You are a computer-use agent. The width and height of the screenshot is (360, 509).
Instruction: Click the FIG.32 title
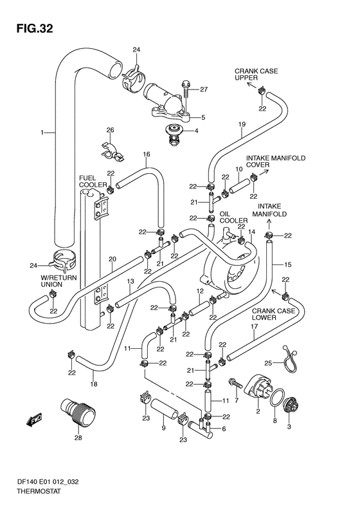coord(35,29)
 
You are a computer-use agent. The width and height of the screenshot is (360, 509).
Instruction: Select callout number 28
coord(78,438)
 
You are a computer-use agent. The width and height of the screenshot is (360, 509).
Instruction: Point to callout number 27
coord(204,89)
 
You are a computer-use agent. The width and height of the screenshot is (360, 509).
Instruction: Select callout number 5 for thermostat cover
coord(203,117)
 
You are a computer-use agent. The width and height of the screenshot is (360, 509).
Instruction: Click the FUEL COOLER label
coord(93,181)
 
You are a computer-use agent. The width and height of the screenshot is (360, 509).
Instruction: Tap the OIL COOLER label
coord(233,217)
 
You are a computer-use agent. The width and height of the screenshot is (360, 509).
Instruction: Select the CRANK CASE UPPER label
coord(256,75)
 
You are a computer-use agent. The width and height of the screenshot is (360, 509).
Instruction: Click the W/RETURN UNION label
coord(59,281)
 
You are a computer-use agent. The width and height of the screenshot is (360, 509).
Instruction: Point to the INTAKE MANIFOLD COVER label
coord(276,161)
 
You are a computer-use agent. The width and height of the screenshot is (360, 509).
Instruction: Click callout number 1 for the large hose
coord(42,133)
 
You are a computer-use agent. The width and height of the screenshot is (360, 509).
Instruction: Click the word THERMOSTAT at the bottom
coord(39,492)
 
